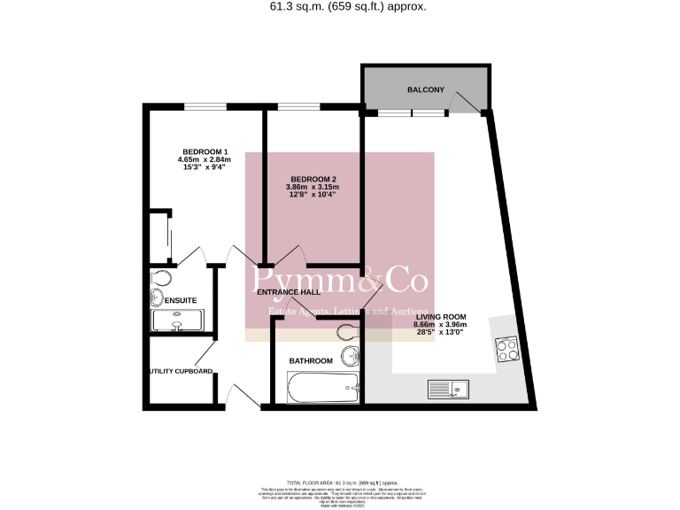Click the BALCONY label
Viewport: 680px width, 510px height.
425,90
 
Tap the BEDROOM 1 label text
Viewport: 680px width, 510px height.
205,151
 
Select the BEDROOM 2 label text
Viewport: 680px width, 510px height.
312,179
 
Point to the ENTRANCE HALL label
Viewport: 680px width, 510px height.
288,291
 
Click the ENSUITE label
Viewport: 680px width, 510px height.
180,300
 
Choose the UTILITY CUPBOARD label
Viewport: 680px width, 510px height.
181,371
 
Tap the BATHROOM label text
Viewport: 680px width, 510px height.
311,360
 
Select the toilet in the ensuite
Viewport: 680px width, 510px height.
158,281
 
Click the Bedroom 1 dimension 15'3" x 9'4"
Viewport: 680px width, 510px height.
205,167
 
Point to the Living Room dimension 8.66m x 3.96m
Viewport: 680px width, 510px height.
439,324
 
